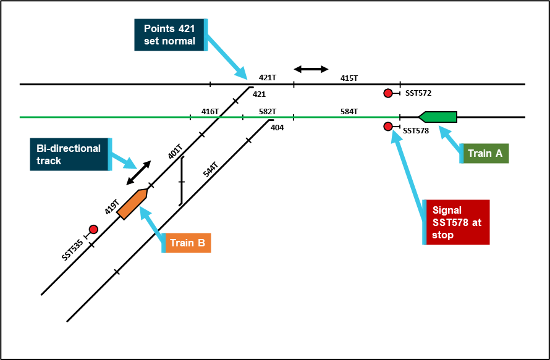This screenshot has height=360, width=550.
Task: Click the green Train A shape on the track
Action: click(x=439, y=117)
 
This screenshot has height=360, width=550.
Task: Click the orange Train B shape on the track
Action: click(x=132, y=204)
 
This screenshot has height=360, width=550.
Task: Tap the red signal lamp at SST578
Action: click(x=388, y=127)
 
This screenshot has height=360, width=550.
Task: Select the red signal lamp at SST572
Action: click(x=388, y=93)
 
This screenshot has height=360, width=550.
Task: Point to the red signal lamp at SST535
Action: click(x=93, y=229)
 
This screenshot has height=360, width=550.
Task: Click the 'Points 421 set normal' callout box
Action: click(x=170, y=35)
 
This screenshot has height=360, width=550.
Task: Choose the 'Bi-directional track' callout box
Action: click(x=69, y=154)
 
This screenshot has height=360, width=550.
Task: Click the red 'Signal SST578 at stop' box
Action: click(x=457, y=222)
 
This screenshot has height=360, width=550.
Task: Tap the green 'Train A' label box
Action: click(x=484, y=153)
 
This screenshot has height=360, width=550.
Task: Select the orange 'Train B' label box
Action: click(x=187, y=243)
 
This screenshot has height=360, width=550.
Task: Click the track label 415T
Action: click(x=349, y=78)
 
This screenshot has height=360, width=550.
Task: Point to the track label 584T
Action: click(x=349, y=111)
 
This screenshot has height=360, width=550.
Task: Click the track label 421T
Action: click(x=268, y=78)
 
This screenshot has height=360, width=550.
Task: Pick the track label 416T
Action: click(x=210, y=111)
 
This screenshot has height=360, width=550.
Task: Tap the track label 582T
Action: click(x=268, y=111)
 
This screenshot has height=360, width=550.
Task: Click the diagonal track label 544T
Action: click(x=211, y=170)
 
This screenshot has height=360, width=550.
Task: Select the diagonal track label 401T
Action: click(x=176, y=152)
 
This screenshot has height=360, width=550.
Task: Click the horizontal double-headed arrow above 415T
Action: click(x=311, y=69)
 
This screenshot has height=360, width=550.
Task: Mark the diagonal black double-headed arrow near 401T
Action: click(x=138, y=172)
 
